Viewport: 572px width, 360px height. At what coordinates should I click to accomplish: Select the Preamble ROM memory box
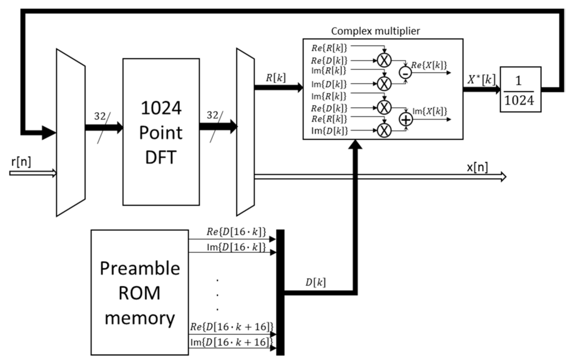coord(140,293)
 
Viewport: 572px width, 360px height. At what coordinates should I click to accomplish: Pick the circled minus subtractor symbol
coord(404,72)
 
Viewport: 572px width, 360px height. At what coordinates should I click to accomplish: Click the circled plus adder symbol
coord(404,118)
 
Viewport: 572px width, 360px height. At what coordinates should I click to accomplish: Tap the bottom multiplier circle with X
coord(383,131)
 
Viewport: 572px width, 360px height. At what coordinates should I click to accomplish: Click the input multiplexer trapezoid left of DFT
coord(70,132)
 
